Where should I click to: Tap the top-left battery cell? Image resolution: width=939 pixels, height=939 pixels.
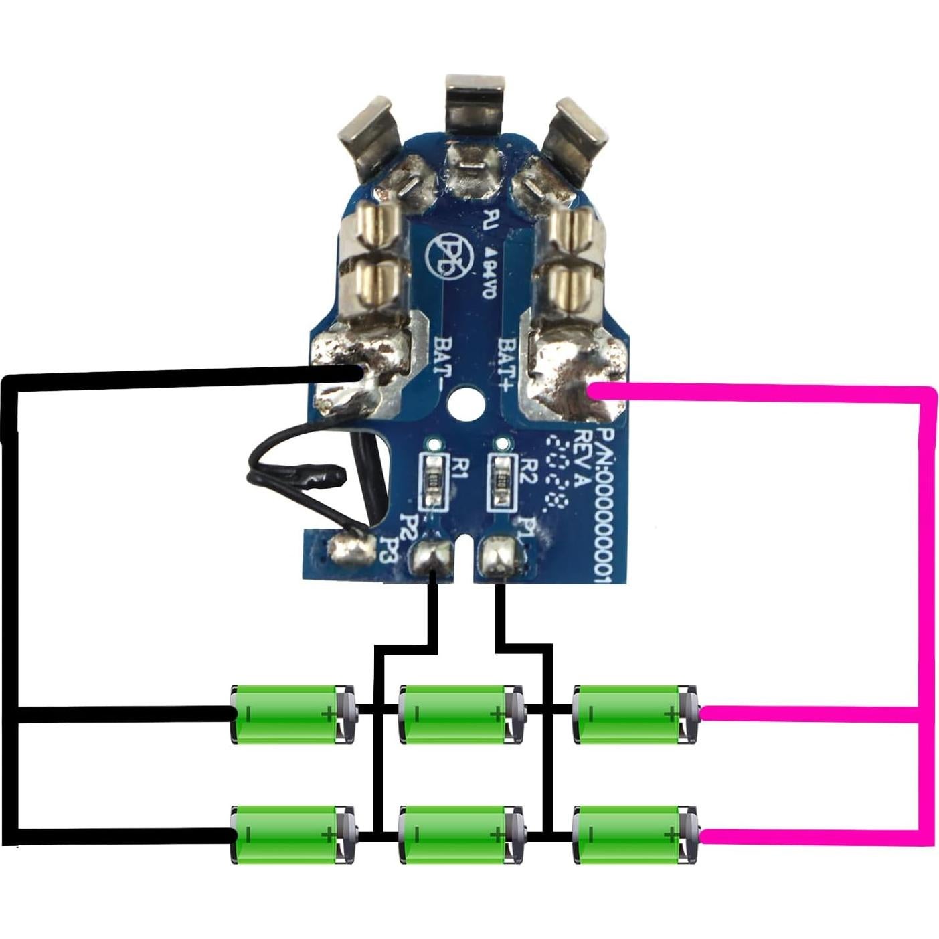[x=292, y=714]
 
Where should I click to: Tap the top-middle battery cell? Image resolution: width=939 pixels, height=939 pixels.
[x=460, y=714]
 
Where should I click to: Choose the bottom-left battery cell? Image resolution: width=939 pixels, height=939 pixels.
[x=292, y=835]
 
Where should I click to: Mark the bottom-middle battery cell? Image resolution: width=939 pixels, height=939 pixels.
[x=460, y=835]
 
